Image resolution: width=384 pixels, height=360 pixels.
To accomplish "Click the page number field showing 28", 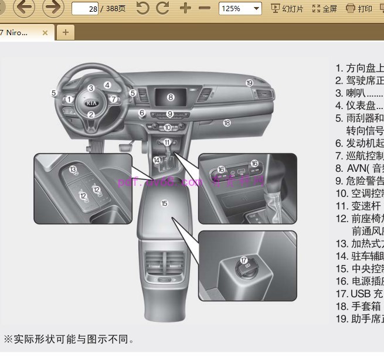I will click(84, 9).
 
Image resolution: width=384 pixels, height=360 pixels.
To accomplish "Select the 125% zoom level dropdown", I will click(240, 9).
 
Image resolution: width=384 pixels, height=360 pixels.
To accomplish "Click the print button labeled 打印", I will click(359, 9).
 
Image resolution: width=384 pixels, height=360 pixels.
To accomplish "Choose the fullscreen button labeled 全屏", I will click(325, 9).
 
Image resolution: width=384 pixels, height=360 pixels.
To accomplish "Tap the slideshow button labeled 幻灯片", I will click(287, 9).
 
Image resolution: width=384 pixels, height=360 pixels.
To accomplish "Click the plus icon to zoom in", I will click(185, 8).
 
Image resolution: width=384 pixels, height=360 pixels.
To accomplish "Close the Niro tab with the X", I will click(45, 33).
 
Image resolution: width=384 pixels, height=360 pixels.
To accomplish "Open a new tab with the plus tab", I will click(65, 32).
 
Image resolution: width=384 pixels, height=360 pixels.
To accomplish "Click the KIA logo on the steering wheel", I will click(91, 102).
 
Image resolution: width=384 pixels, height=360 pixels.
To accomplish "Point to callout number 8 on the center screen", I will click(171, 97).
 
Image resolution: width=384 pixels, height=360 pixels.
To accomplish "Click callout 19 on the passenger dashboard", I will click(249, 83).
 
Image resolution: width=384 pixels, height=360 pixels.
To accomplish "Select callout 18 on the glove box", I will click(226, 123).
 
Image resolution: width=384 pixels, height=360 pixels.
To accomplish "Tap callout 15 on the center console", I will click(164, 203).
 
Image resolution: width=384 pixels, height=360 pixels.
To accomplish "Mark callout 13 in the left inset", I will click(73, 169).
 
